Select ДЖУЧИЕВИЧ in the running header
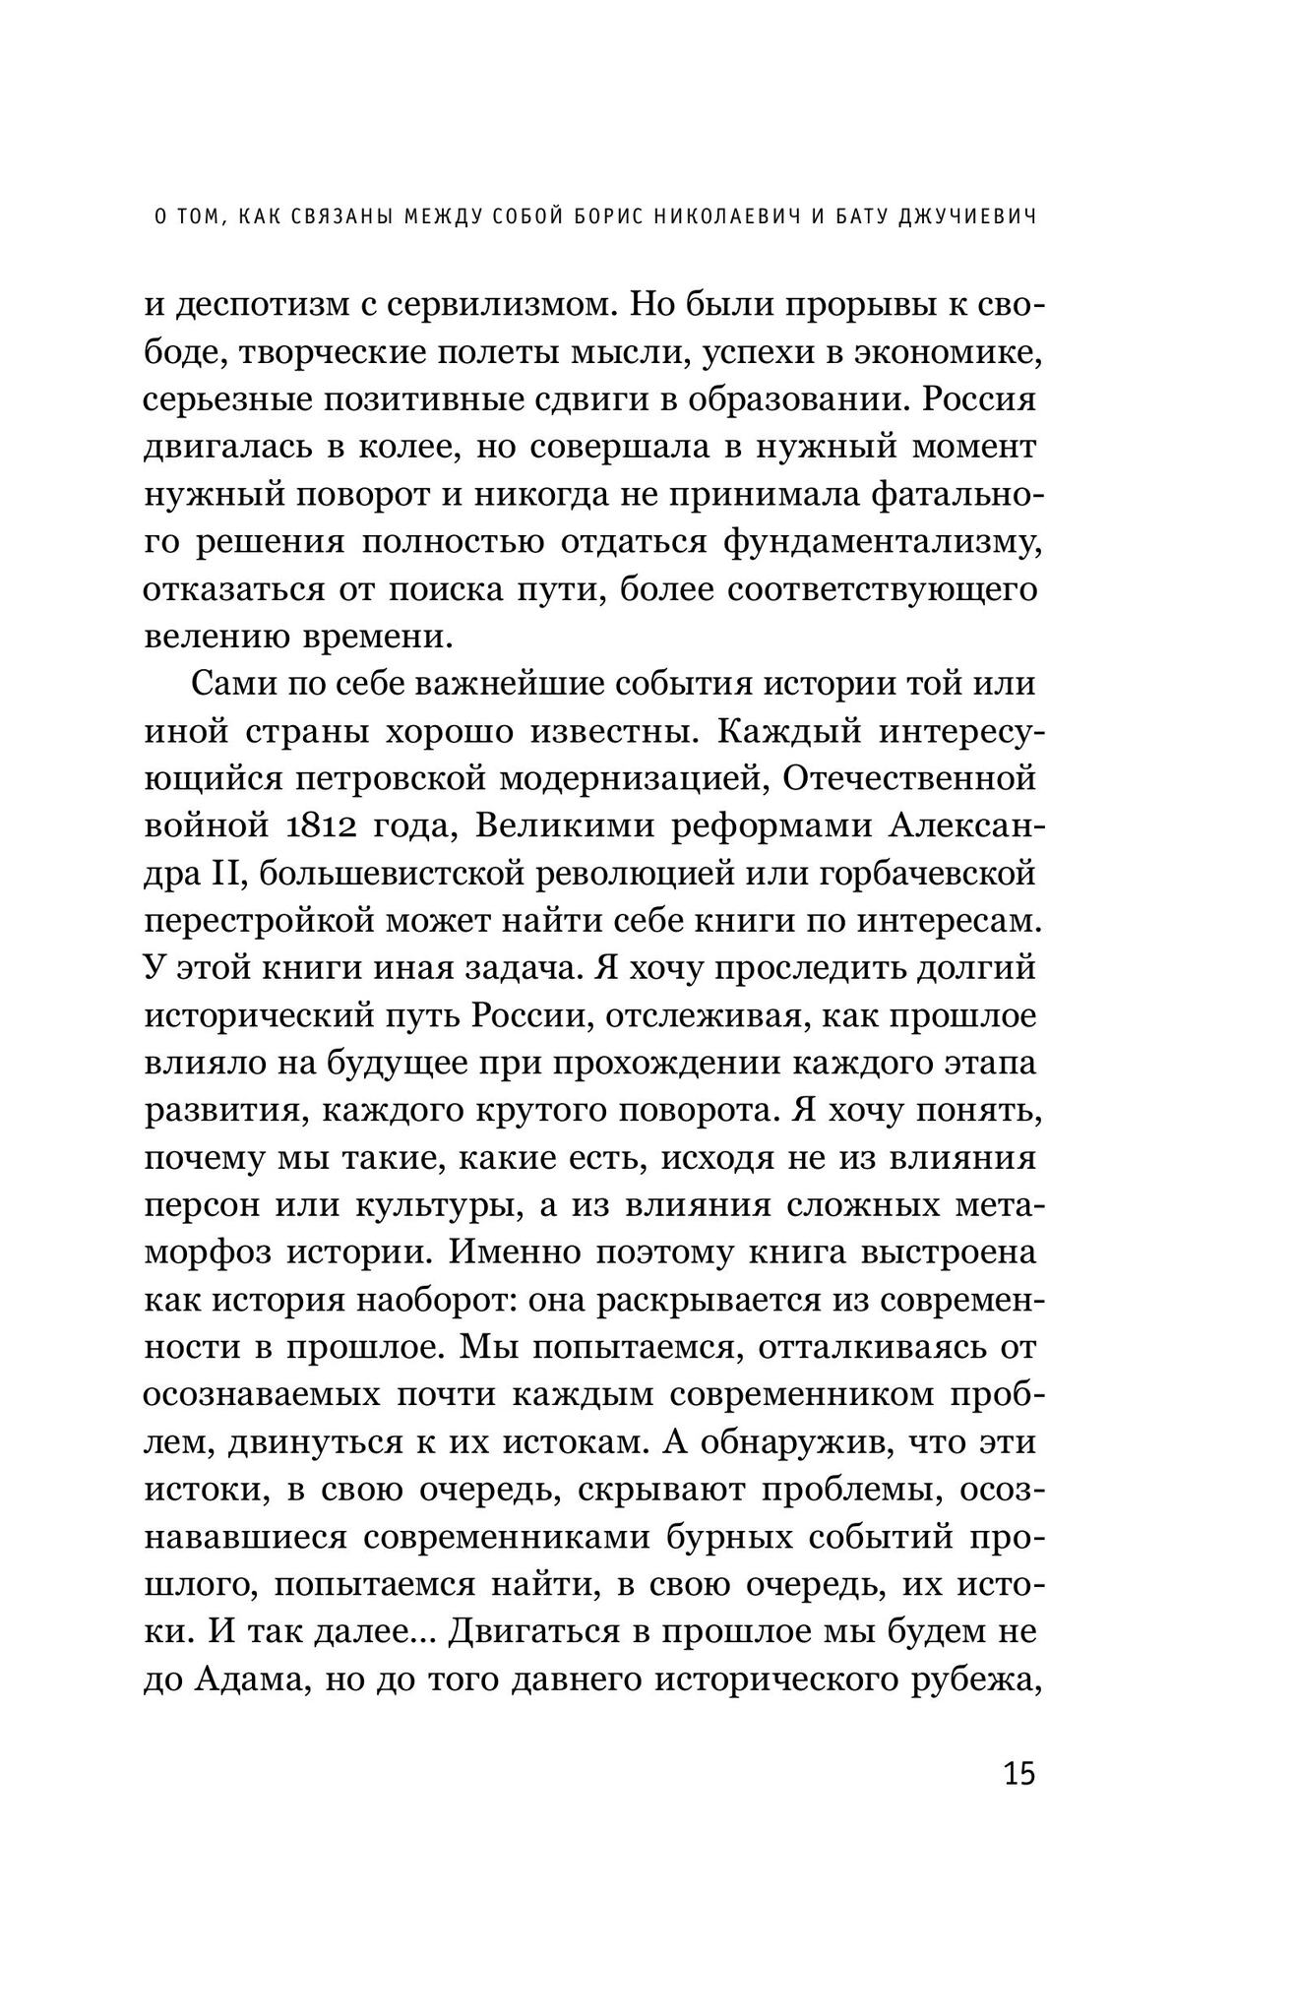click(967, 245)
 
